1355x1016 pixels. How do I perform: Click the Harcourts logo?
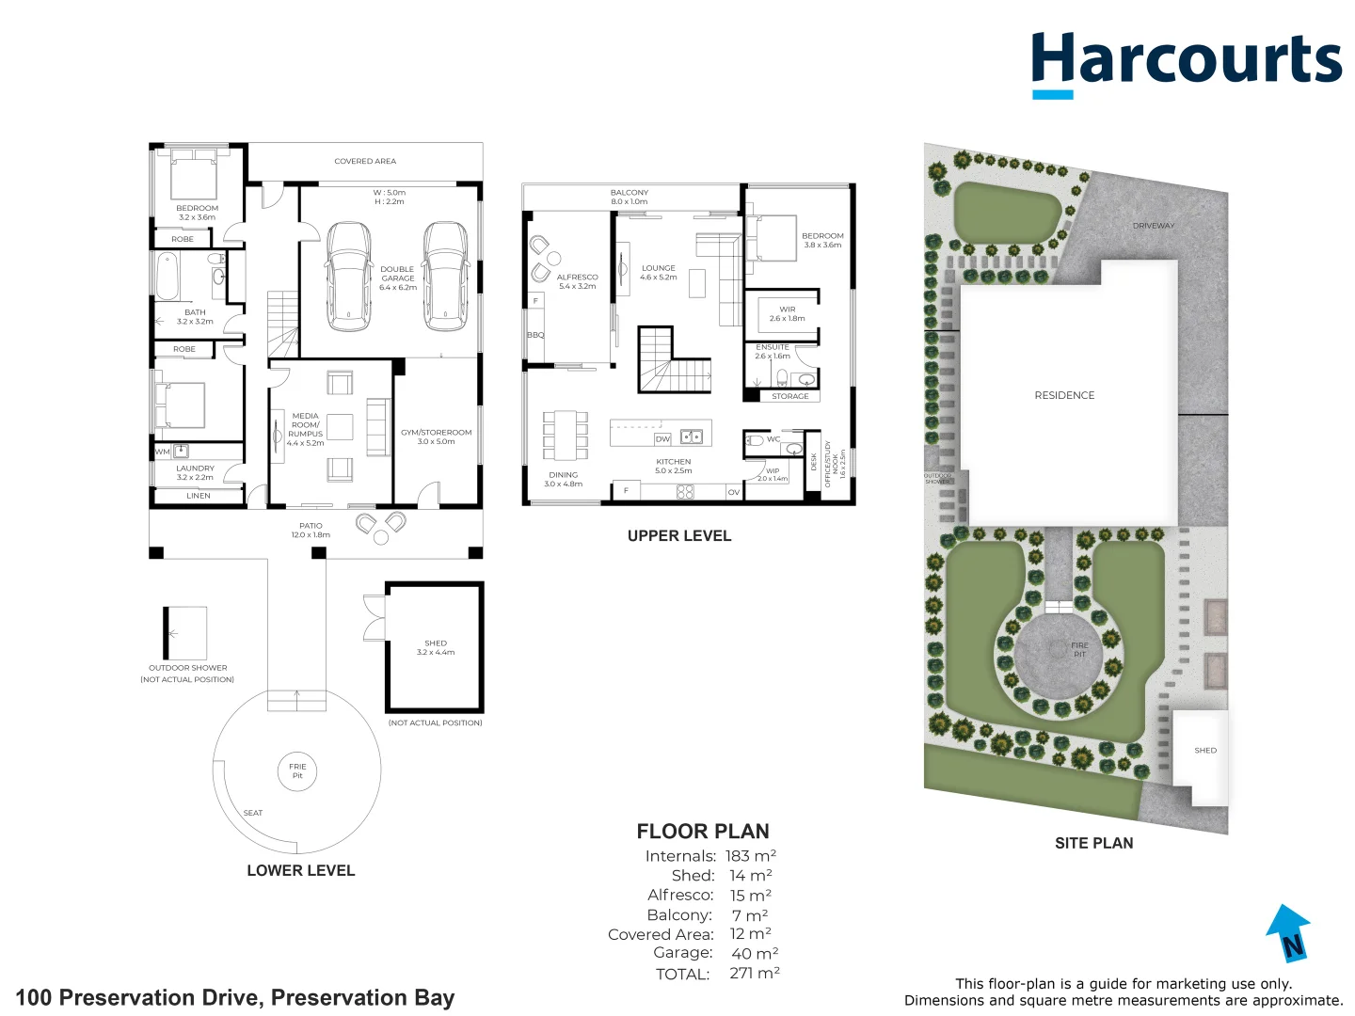(1186, 62)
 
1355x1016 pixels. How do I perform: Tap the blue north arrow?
(1288, 932)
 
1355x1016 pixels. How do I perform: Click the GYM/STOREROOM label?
(436, 437)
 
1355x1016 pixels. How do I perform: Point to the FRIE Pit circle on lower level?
(297, 771)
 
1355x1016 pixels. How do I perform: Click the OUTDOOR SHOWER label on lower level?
(187, 668)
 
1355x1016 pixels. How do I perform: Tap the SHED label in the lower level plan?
(435, 643)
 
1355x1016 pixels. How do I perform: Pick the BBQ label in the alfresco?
(534, 335)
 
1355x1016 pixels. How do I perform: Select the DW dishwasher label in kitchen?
(662, 439)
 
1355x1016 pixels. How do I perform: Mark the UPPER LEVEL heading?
(678, 535)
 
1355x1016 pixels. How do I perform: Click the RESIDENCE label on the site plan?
(1064, 395)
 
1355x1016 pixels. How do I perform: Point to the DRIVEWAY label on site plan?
(1153, 226)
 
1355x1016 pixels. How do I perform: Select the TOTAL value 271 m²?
(754, 974)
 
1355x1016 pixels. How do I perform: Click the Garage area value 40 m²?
(754, 953)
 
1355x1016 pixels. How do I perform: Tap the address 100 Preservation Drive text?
(235, 997)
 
